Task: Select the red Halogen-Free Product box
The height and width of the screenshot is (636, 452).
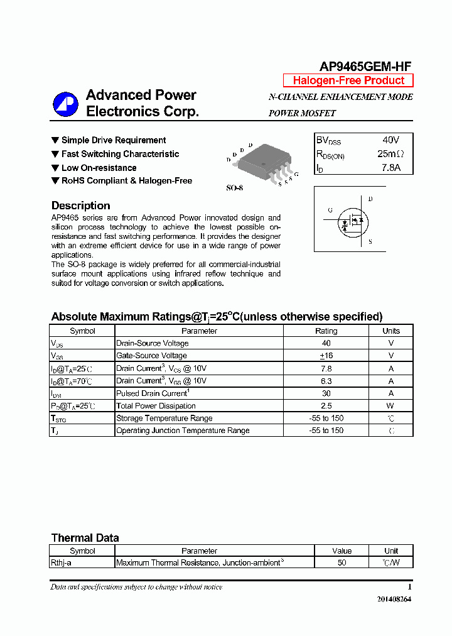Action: [348, 80]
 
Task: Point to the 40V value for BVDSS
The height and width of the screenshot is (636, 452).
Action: [390, 140]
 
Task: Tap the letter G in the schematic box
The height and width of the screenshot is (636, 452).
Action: [330, 210]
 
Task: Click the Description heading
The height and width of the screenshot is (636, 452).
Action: [80, 206]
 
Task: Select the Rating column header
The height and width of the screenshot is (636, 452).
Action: [326, 331]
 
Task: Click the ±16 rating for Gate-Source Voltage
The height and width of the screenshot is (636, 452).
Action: [326, 356]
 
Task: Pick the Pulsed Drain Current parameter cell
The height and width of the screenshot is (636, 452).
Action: [153, 393]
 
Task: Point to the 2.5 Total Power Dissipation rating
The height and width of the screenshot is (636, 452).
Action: [326, 406]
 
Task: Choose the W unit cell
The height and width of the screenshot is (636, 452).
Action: [390, 406]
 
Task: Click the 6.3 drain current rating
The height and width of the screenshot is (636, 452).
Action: [326, 381]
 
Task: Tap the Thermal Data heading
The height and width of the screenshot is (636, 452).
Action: [85, 538]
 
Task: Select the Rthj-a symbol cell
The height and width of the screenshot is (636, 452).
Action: [61, 563]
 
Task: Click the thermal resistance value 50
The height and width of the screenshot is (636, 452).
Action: [342, 563]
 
